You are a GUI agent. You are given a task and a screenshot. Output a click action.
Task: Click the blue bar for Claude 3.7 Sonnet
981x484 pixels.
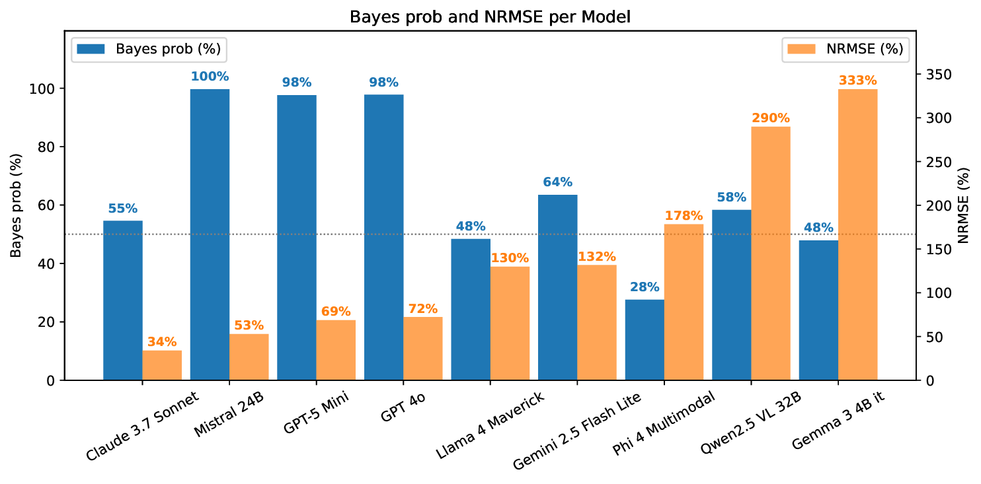click(x=123, y=300)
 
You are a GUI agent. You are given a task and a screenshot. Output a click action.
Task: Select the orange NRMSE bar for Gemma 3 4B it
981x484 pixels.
click(x=857, y=234)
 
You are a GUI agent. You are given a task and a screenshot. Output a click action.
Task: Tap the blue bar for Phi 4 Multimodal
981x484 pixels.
click(x=645, y=340)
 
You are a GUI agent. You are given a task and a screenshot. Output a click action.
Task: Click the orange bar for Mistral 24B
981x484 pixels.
click(x=249, y=357)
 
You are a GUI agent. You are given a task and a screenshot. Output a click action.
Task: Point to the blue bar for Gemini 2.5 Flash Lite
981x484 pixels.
click(x=557, y=287)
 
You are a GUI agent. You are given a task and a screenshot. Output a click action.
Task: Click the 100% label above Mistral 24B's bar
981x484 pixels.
click(x=210, y=77)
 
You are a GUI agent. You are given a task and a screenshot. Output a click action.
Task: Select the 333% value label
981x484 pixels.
click(x=857, y=81)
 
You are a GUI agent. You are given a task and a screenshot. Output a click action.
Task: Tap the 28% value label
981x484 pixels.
click(x=645, y=287)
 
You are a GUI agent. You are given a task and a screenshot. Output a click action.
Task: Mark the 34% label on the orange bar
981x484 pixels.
click(x=162, y=341)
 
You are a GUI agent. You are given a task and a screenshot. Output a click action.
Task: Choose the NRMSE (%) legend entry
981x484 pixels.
click(x=845, y=49)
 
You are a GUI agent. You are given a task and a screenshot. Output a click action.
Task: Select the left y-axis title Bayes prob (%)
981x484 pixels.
click(x=16, y=205)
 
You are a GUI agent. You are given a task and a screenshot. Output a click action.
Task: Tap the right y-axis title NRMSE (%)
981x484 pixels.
click(x=963, y=205)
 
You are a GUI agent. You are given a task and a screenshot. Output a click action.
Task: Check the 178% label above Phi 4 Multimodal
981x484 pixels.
click(x=684, y=216)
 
